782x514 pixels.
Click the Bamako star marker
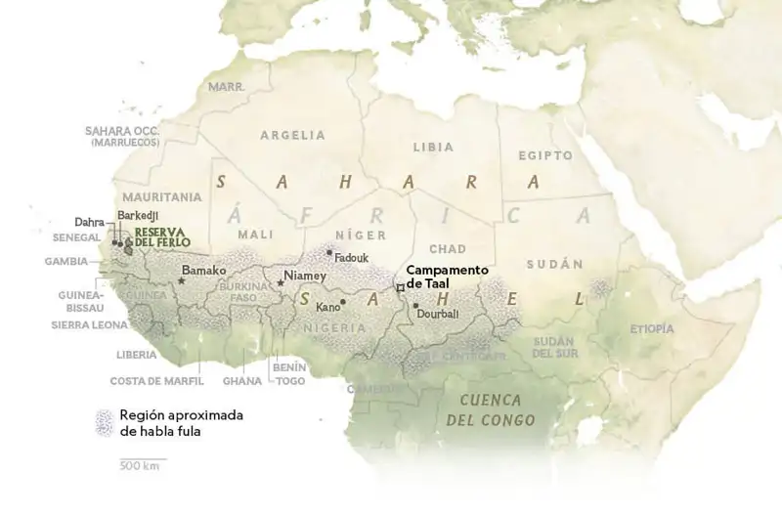coord(182,281)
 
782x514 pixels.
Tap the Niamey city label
coord(304,276)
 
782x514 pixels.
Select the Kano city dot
coord(343,302)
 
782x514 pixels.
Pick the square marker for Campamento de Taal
coord(399,287)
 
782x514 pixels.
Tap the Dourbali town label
coord(437,315)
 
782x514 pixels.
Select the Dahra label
coord(89,222)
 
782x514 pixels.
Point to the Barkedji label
coord(137,214)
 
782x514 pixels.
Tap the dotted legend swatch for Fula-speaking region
coord(103,422)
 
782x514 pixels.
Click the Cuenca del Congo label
coord(490,409)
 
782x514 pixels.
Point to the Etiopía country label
coord(652,328)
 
